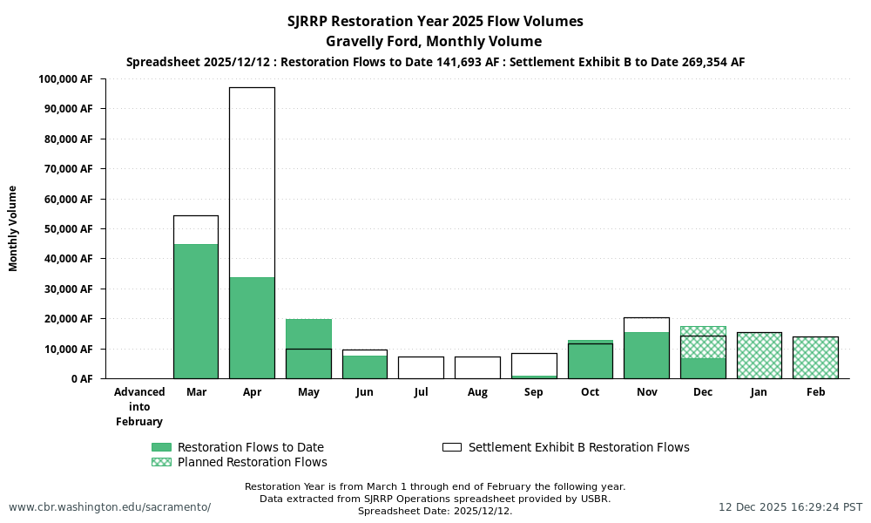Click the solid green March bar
tap(196, 311)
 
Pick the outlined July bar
tap(421, 367)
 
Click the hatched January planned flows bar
tap(759, 356)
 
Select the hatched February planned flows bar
tap(815, 357)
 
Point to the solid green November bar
tap(646, 356)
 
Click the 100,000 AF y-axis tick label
tap(65, 79)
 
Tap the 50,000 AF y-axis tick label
tap(69, 229)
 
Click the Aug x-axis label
tap(477, 392)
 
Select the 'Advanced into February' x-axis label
tap(139, 407)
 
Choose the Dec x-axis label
tap(703, 392)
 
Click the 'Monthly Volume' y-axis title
tap(13, 228)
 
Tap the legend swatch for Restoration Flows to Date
tap(161, 447)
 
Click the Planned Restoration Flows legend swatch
tap(161, 462)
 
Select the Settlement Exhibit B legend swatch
tap(452, 447)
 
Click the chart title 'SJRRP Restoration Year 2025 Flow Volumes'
tap(435, 21)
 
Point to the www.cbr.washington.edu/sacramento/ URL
tap(110, 507)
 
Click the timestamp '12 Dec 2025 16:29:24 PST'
tap(790, 507)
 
